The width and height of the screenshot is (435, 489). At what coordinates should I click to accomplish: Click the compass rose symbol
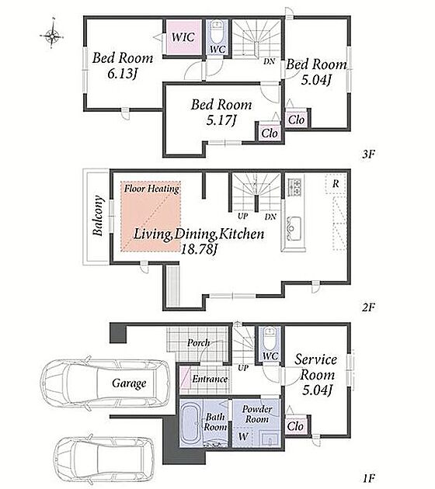pos(52,36)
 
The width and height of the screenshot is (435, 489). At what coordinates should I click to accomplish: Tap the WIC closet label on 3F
pos(183,37)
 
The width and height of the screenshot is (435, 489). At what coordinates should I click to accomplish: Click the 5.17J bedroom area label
pos(221,120)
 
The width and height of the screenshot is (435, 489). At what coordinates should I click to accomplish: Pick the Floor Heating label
pos(151,189)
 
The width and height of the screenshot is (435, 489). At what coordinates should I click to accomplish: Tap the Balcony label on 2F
pos(98,216)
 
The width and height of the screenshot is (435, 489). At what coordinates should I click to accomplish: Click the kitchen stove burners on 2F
pos(294,186)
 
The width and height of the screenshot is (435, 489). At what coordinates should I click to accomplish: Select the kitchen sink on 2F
pos(294,228)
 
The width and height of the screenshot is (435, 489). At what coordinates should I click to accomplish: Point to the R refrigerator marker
pos(336,183)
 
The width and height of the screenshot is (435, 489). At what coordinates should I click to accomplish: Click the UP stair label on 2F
pos(242,216)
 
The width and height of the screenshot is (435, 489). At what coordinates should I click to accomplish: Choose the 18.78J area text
pos(199,249)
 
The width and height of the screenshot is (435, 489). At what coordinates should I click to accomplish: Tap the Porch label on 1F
pos(198,343)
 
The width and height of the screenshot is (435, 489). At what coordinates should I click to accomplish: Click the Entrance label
pos(210,379)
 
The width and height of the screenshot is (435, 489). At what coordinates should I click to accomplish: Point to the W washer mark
pos(243,436)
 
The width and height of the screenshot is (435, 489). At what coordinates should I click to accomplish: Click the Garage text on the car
pos(129,383)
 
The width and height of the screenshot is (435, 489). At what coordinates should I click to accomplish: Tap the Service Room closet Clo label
pos(295,425)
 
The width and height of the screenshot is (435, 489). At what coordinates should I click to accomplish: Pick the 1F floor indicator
pos(368,477)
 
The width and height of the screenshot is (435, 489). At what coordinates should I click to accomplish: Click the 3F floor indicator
pos(368,154)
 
